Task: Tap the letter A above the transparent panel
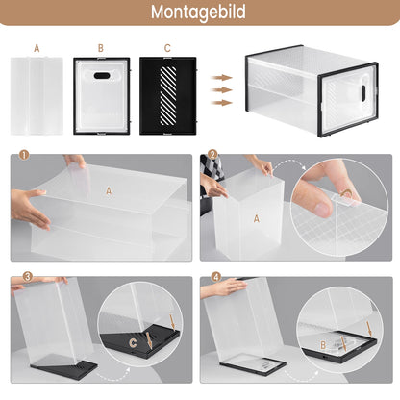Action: coord(37,46)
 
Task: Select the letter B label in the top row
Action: coord(100,46)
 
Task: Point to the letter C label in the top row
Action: coord(167,46)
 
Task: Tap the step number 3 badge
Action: coord(14,277)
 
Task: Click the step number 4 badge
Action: coord(212,277)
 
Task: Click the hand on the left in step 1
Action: coord(29,207)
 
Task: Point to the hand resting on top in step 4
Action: coord(226,287)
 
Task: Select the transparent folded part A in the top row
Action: coord(37,94)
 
